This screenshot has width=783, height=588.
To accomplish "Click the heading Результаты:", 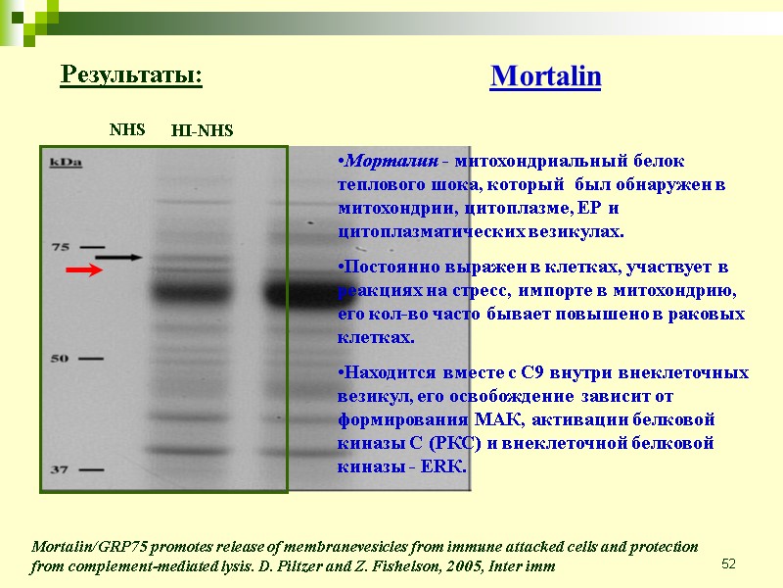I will [131, 74].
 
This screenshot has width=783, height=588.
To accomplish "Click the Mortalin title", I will [545, 76].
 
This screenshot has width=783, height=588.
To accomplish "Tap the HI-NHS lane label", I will [202, 130].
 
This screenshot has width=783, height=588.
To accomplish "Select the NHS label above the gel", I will [126, 128].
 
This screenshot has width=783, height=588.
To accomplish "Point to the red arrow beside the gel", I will [84, 270].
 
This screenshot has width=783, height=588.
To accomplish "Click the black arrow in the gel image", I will [118, 257].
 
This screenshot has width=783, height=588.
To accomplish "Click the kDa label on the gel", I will [66, 163].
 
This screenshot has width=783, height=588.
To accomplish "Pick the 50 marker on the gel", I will [61, 359].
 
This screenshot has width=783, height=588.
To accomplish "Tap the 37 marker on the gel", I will [61, 470].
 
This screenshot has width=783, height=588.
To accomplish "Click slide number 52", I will [728, 563].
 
